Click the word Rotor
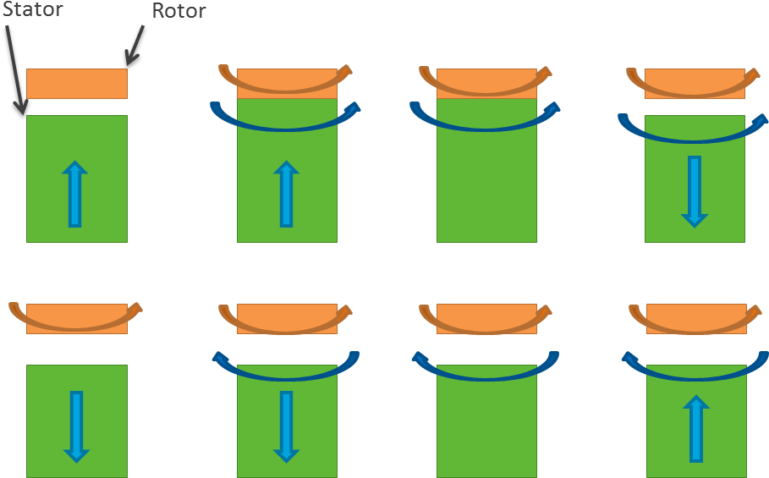point(179,11)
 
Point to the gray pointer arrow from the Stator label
point(18,68)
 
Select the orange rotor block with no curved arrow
point(77,84)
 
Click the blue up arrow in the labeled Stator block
point(75,195)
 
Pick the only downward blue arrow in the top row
point(695,191)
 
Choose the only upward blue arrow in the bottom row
point(696,428)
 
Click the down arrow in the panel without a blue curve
point(76,426)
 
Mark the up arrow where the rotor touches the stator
point(286,195)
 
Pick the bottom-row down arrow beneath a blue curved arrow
point(286,426)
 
